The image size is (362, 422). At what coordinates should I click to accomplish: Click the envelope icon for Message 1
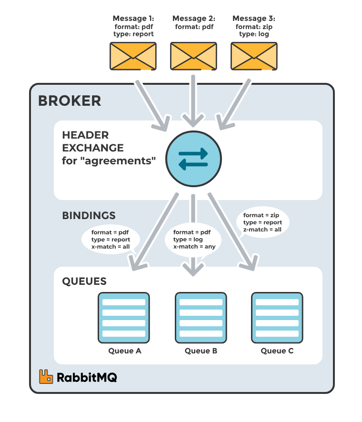point(133,55)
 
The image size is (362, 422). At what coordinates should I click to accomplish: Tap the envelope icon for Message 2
point(193,55)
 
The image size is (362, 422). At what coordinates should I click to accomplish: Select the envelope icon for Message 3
point(254,55)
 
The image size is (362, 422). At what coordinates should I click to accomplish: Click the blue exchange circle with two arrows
point(193,159)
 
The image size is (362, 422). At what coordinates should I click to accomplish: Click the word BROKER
point(70,101)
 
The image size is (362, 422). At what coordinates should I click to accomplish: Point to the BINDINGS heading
point(89,216)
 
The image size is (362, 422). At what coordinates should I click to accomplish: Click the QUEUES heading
point(84,281)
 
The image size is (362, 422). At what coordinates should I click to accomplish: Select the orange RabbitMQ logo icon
point(46,377)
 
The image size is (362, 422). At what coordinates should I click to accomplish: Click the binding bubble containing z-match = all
point(262,222)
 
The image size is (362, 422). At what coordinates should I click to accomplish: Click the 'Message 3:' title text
point(253,19)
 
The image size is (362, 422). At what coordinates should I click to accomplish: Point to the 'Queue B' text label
point(201,351)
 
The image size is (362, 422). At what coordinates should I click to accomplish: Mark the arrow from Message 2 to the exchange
point(192,100)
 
